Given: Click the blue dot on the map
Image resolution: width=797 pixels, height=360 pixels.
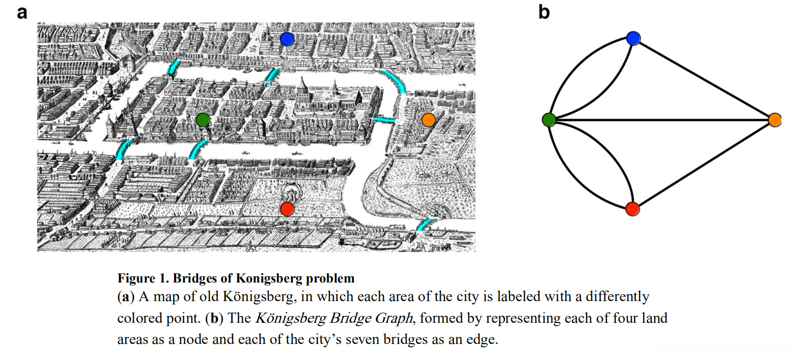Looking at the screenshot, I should click(x=287, y=39).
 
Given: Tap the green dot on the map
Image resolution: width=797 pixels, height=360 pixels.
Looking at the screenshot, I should click(x=202, y=120).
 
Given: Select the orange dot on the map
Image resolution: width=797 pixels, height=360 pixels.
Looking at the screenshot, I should click(x=428, y=119).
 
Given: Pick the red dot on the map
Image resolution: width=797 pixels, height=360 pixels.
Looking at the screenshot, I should click(x=287, y=209).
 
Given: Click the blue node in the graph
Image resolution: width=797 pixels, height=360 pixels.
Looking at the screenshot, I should click(x=633, y=38).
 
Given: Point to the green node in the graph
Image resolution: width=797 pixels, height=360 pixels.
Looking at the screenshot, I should click(x=549, y=120).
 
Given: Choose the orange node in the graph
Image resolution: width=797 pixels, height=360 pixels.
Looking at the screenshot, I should click(x=774, y=120).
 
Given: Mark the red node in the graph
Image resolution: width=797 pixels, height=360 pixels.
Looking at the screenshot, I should click(x=632, y=209).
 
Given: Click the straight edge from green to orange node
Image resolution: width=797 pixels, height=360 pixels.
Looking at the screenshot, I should click(x=661, y=120).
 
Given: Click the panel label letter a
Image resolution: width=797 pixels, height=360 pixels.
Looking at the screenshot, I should click(x=22, y=12).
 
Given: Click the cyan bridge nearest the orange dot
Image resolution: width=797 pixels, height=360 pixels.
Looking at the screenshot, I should click(x=384, y=120).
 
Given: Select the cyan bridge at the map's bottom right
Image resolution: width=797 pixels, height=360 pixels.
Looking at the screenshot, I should click(x=426, y=224).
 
